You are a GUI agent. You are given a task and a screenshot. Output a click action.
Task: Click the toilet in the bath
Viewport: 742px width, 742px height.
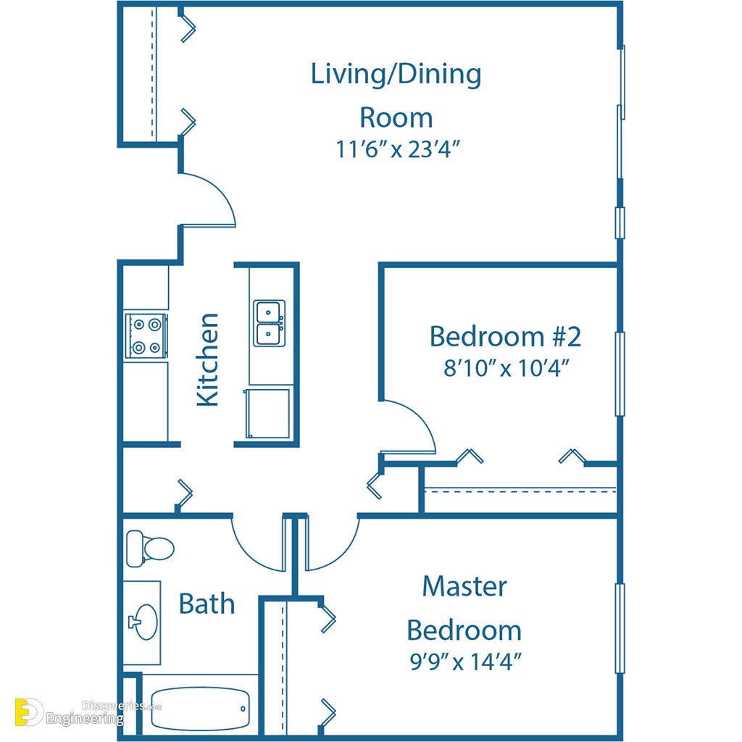point(150,549)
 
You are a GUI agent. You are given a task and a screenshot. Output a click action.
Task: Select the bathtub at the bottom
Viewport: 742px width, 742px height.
point(200,709)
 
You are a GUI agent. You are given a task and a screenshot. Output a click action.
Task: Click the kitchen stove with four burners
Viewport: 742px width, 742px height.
point(146,336)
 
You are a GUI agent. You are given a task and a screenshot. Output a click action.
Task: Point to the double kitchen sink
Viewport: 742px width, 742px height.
point(270,323)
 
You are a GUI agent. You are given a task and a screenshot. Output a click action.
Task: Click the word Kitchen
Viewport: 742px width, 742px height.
point(208,359)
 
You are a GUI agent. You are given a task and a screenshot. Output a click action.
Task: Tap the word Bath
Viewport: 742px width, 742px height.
point(207,604)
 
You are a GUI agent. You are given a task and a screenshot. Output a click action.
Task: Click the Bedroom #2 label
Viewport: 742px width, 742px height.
point(505,336)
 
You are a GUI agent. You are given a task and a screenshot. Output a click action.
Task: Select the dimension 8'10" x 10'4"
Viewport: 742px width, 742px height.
point(506,367)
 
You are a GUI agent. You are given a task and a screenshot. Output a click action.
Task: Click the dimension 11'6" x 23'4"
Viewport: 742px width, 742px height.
point(398,149)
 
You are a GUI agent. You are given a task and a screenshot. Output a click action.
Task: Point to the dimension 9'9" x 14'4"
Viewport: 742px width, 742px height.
point(465,662)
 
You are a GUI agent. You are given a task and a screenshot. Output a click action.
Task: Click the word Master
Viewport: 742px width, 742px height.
point(464,586)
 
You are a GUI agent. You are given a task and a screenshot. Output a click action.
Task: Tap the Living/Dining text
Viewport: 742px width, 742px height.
point(396,75)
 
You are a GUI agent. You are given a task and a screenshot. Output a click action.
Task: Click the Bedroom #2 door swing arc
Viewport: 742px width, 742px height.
point(420,417)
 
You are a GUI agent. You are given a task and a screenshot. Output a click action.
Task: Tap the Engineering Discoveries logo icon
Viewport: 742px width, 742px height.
point(28,712)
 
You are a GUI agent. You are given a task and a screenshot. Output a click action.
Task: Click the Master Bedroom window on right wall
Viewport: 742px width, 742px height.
point(620,628)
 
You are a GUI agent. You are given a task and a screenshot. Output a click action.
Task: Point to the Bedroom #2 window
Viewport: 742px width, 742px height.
point(620,374)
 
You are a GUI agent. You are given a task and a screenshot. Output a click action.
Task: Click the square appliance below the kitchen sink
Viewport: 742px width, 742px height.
point(267,413)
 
